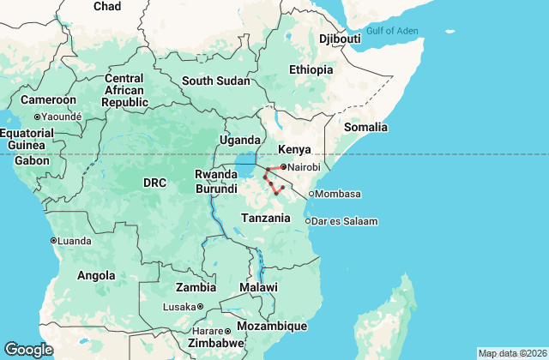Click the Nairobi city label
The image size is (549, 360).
coord(305,167)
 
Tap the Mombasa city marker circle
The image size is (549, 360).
coord(311,194)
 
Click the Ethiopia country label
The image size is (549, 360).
coord(311,69)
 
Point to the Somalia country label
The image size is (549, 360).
coord(366,127)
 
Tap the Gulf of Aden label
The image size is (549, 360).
coord(393,31)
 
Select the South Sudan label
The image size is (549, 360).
coord(215,81)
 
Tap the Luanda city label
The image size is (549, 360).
coord(74,241)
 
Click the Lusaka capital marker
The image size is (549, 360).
coord(200,307)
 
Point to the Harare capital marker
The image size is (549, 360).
coord(227,331)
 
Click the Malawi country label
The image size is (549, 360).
coord(258,286)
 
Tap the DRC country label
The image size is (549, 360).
coord(154,183)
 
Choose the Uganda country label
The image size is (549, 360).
coord(240,141)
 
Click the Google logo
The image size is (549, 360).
coord(28,349)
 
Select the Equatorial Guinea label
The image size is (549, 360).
coord(27,139)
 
